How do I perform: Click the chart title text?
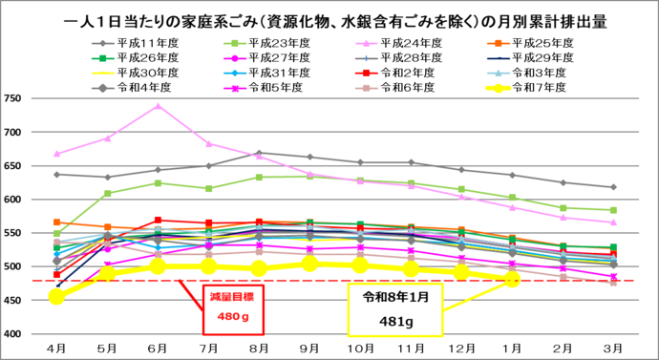(x=329, y=18)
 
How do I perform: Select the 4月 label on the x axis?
(x=56, y=346)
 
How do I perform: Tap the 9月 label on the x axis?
(x=308, y=346)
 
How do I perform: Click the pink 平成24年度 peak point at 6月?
(x=159, y=106)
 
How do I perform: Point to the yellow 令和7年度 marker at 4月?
(x=57, y=297)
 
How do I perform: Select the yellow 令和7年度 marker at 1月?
(x=512, y=279)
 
